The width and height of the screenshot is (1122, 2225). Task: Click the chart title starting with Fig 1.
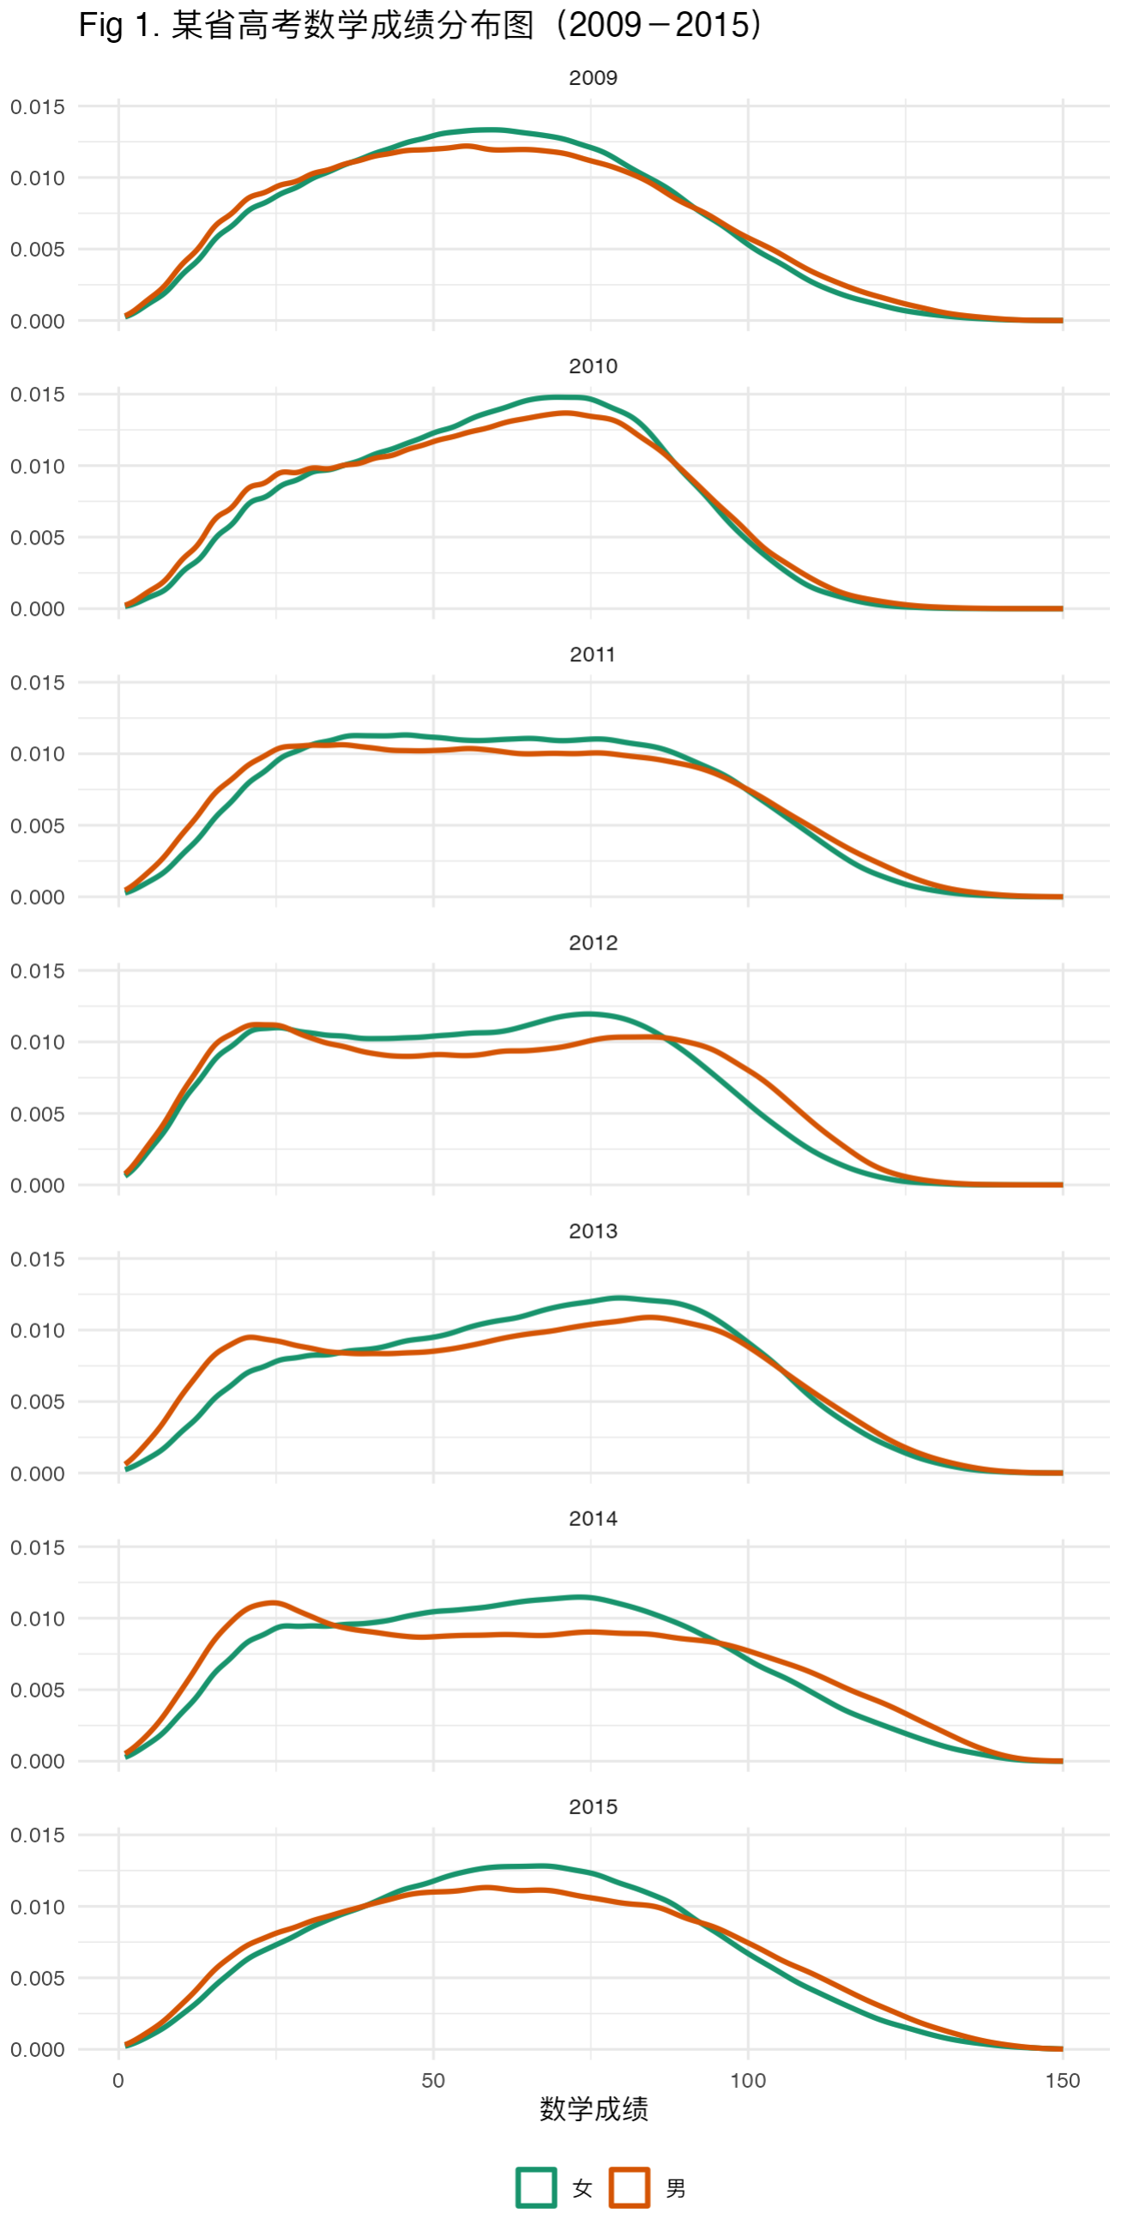click(421, 25)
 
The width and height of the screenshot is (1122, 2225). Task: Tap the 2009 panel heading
click(593, 78)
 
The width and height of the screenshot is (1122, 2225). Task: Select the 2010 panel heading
click(593, 366)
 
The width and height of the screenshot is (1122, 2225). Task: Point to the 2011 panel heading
click(593, 654)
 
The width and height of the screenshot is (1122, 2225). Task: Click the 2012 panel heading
click(593, 944)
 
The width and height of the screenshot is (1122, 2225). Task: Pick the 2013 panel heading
click(593, 1231)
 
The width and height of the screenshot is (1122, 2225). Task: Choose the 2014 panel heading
click(593, 1518)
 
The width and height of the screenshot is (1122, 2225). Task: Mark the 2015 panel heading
click(593, 1807)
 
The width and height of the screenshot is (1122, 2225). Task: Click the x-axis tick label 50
click(432, 2081)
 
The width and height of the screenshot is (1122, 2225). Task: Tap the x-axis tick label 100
click(747, 2081)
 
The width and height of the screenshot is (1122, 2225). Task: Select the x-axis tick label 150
click(1062, 2081)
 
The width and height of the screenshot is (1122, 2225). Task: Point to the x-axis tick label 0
click(118, 2081)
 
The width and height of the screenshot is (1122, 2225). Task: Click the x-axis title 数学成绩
click(594, 2109)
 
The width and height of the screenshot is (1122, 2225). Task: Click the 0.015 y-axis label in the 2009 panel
click(37, 107)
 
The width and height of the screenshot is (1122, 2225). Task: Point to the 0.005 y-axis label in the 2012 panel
click(37, 1114)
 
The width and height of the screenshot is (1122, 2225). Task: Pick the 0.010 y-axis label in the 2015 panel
click(37, 1907)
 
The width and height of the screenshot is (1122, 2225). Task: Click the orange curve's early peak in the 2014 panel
click(274, 1603)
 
